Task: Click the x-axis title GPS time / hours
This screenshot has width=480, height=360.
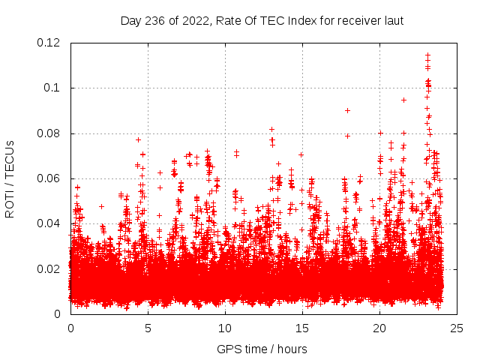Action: pos(262,349)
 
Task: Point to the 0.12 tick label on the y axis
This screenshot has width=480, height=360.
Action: pos(49,43)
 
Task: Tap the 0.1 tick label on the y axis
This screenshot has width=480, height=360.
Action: pos(52,88)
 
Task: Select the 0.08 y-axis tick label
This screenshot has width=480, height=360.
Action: pos(49,133)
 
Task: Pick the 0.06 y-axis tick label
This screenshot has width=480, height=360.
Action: pos(49,178)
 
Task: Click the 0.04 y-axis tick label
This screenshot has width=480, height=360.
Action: pos(49,223)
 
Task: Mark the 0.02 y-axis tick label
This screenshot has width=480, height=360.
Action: pos(49,269)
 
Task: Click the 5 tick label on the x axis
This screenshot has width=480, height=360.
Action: pos(148,328)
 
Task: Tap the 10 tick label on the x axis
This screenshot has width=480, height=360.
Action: pos(225,328)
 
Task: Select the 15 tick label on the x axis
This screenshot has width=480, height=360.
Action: pos(302,328)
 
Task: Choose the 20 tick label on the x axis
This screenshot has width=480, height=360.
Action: pos(379,328)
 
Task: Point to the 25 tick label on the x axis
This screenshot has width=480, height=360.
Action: pos(457,328)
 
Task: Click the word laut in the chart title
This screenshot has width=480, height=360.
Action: pos(394,21)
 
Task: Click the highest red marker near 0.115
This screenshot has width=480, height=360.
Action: pos(427,55)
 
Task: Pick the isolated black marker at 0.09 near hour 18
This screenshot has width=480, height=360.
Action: pos(347,110)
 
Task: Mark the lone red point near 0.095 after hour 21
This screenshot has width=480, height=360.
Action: pos(403,100)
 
